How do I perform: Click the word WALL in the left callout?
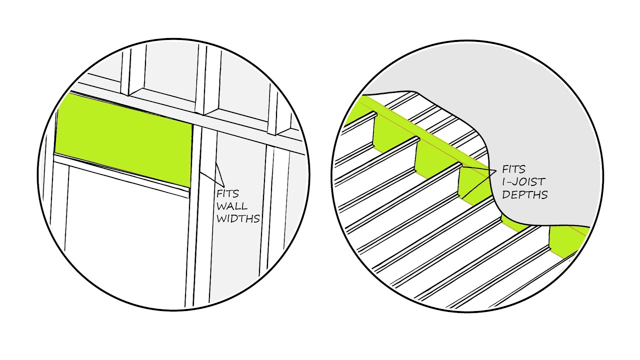coord(231,206)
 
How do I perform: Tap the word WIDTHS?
coord(238,218)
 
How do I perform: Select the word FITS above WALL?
coord(227,193)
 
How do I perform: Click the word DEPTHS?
coord(525,194)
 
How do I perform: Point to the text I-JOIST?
coord(524,181)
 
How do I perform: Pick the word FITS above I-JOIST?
coord(513,169)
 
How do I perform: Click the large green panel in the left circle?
coord(123,140)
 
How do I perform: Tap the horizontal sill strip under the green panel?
coord(121,175)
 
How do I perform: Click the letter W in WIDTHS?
coord(221,218)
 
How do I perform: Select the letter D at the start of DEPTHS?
coord(505,194)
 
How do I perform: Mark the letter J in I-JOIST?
coord(515,181)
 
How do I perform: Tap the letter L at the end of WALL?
coord(244,206)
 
